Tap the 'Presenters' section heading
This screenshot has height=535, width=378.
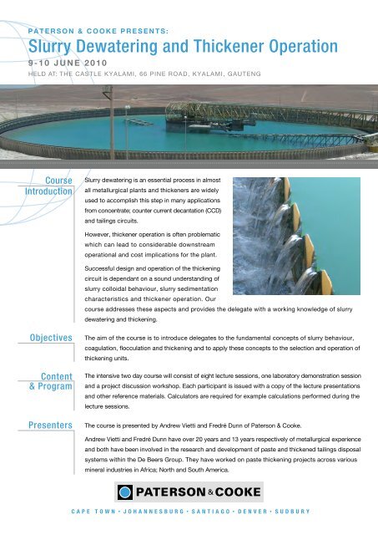point(46,425)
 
